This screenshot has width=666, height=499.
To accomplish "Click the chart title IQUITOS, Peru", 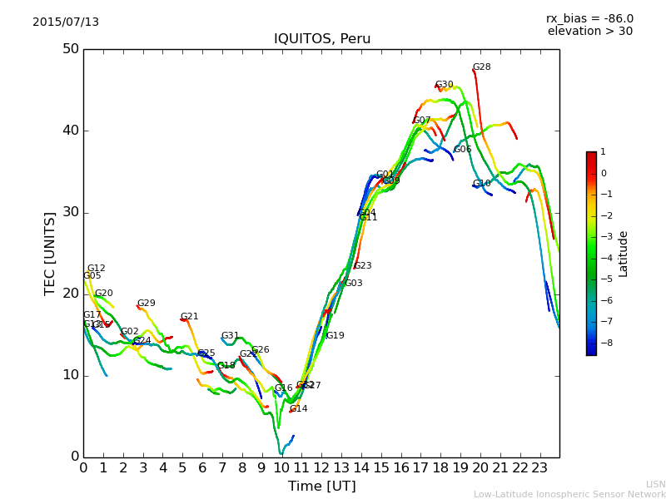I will (x=322, y=39).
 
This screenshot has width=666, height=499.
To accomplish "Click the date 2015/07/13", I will (x=66, y=22).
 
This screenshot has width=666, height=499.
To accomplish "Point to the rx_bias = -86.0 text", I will (x=589, y=18).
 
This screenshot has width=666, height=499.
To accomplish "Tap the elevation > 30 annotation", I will (x=589, y=32).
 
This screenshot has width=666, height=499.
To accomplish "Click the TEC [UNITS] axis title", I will (x=51, y=253).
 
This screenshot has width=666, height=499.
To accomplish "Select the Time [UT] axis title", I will (x=321, y=486).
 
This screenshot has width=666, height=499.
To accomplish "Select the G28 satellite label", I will (x=481, y=67).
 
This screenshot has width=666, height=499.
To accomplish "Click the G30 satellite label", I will (x=444, y=85).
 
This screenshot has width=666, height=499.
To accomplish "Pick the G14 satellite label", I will (x=298, y=409).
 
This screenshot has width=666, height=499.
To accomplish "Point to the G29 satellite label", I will (x=146, y=304).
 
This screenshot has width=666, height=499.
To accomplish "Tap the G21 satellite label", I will (x=189, y=317).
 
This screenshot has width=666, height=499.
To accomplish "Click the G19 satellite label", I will (x=335, y=336).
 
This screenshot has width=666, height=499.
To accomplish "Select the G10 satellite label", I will (x=481, y=184).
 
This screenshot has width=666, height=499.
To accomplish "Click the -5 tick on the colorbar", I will (x=604, y=279).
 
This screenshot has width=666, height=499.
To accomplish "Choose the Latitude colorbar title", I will (x=624, y=254).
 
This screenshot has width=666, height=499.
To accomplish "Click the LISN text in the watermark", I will (x=655, y=484).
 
